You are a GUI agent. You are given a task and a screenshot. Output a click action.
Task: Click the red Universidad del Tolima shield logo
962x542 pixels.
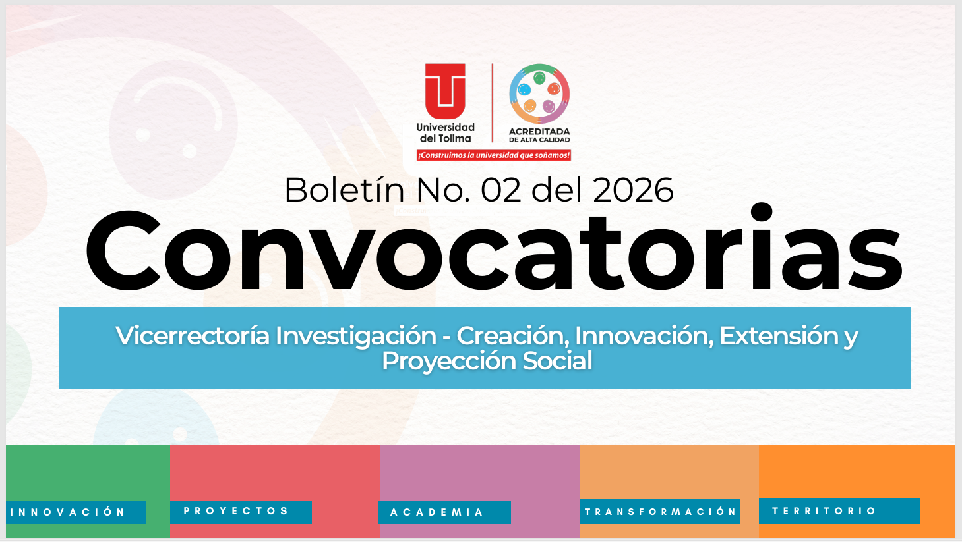[445, 90]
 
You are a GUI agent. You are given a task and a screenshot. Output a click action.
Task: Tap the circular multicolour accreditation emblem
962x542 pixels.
[539, 94]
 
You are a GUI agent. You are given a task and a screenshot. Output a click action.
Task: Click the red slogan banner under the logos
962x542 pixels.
[493, 155]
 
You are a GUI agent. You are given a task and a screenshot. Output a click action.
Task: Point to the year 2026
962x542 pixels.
[633, 190]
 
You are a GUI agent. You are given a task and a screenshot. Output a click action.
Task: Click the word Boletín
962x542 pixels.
[344, 190]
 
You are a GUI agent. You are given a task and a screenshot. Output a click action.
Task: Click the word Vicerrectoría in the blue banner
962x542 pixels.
[193, 336]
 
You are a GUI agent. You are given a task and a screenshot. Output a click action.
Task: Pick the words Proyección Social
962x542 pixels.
[487, 361]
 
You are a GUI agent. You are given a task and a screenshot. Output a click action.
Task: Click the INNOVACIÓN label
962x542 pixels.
[68, 512]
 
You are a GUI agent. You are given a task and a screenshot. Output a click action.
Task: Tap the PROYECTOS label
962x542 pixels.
[236, 511]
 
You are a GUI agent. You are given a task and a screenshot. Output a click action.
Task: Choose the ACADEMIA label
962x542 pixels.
[437, 512]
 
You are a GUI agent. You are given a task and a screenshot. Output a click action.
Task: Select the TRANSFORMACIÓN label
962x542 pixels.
[660, 512]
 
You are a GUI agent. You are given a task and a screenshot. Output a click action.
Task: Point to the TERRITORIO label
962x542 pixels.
[824, 511]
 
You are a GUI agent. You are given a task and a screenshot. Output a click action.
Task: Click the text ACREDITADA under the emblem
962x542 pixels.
[539, 132]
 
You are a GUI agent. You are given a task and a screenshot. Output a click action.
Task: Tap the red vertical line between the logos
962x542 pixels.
[493, 102]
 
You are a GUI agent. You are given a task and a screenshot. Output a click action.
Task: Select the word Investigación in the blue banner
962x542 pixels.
[356, 336]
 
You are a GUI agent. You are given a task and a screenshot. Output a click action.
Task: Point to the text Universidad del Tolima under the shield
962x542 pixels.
[446, 132]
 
